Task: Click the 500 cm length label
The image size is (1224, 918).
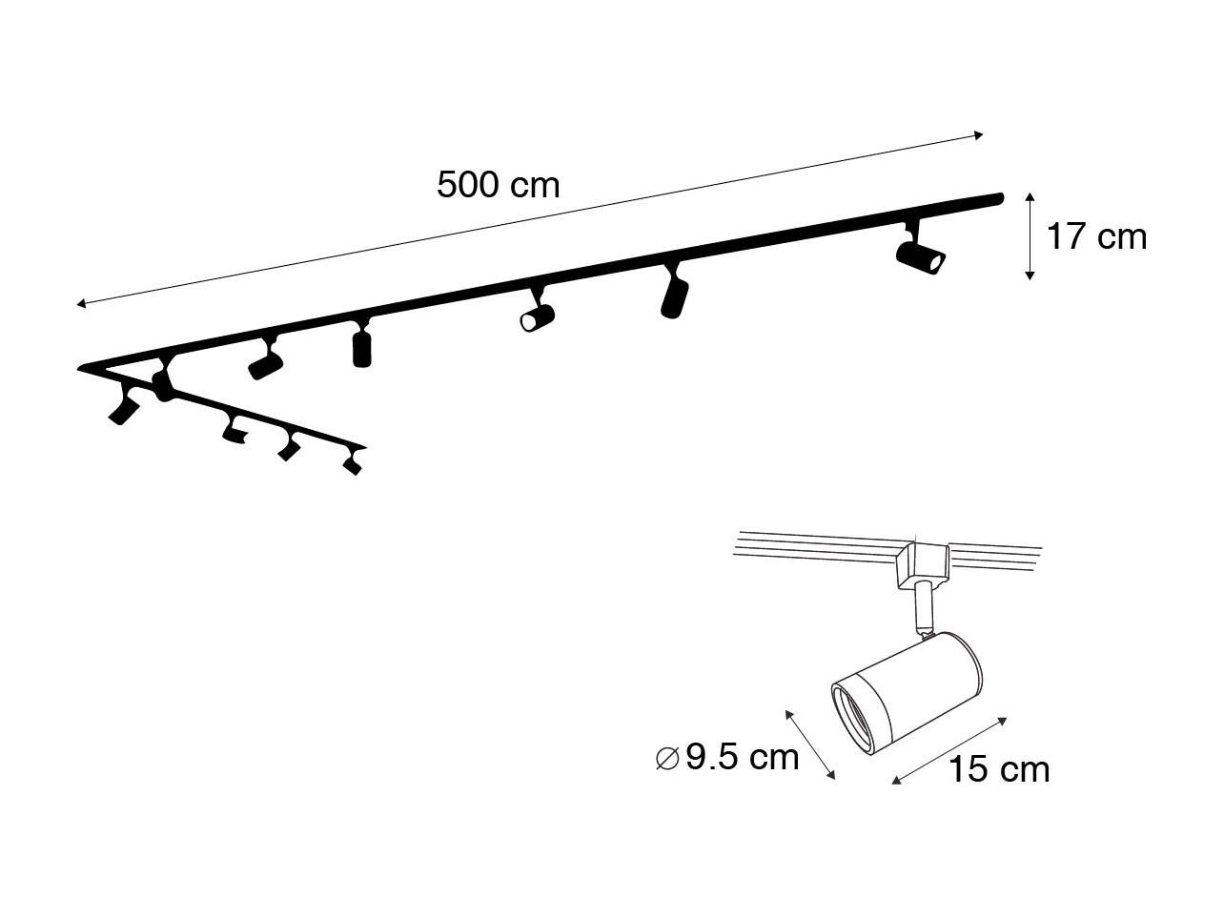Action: tap(498, 185)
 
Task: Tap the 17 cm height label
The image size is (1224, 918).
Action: tap(1096, 236)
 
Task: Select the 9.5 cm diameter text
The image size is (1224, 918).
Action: tap(742, 758)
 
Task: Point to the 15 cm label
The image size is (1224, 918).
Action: tap(998, 769)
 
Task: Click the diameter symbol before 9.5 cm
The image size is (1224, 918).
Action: tap(667, 759)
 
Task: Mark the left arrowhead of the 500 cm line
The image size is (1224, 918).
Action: tap(80, 303)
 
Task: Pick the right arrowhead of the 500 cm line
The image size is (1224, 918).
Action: tap(978, 134)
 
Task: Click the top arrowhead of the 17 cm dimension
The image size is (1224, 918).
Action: tap(1030, 197)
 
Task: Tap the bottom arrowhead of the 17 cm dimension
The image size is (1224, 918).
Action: tap(1030, 275)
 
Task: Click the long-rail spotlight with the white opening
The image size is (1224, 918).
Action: tap(538, 313)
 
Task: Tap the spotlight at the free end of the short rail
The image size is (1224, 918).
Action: tap(353, 461)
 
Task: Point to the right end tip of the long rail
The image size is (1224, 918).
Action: tap(1002, 196)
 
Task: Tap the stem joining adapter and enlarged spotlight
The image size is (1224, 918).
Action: tap(922, 609)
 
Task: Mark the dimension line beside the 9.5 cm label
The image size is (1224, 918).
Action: tap(809, 745)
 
